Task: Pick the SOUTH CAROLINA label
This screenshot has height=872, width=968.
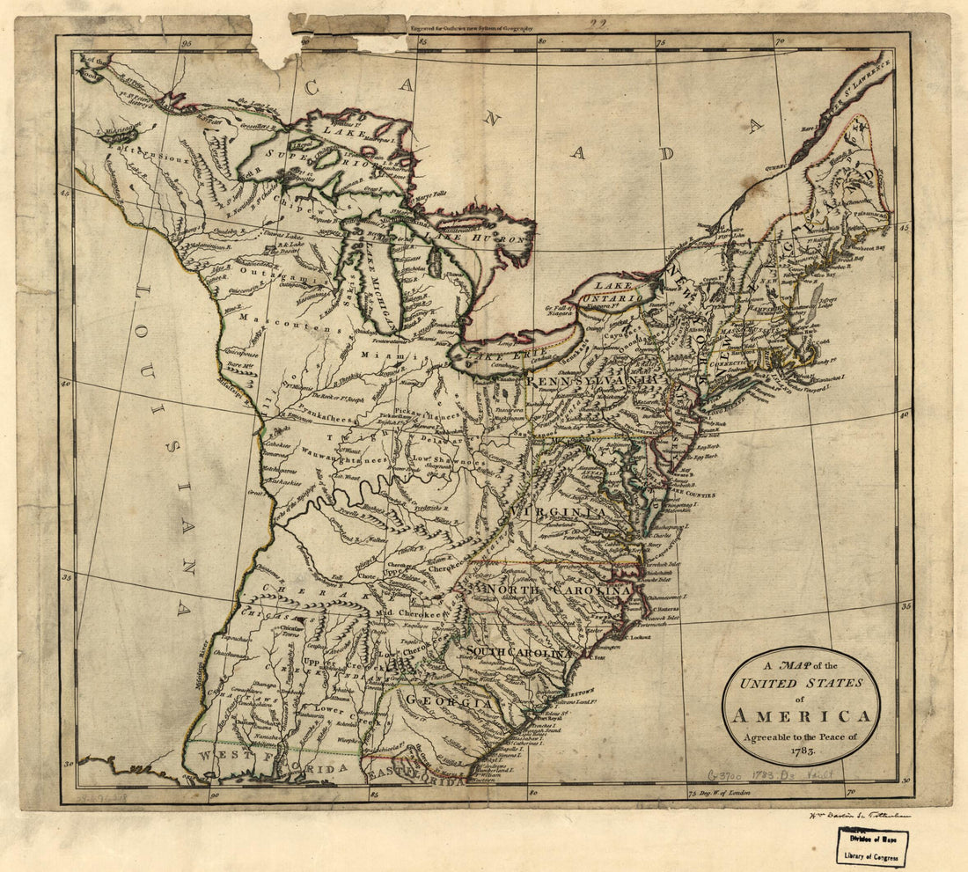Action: pos(519,652)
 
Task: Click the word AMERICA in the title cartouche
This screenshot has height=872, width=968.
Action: pos(801,715)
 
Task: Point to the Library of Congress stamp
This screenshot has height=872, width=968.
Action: pos(873,846)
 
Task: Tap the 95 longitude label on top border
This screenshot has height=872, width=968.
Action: pos(187,40)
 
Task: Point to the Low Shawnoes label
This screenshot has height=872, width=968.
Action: pos(449,462)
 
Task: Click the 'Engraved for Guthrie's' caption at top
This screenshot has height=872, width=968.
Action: pos(471,27)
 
